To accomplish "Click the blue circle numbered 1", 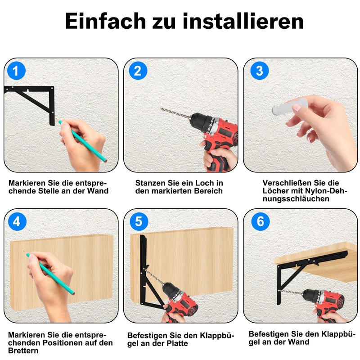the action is [x=16, y=71].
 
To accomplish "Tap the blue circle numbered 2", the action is [x=138, y=71].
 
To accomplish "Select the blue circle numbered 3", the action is [x=260, y=71].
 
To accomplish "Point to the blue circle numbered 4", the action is [x=17, y=221].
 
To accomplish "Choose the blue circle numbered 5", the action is [x=139, y=221].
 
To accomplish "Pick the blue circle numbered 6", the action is [x=261, y=221].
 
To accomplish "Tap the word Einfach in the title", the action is [x=105, y=21].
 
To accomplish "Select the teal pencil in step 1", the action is [x=82, y=141].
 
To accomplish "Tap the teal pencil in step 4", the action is [x=49, y=273].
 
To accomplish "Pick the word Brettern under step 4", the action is [x=23, y=351].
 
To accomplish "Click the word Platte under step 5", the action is [x=177, y=343].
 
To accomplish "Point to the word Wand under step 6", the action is [x=298, y=342].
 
